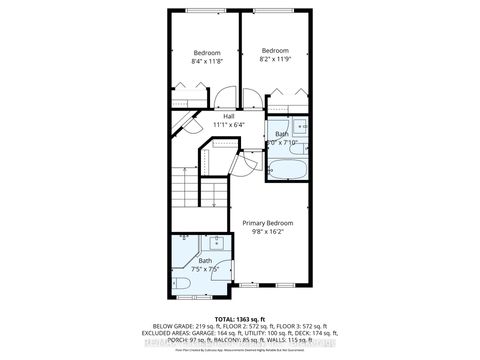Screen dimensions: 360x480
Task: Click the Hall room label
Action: coord(230,116)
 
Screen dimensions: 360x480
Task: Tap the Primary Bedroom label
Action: coord(268,223)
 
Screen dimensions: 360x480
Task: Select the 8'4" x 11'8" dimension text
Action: coord(207,62)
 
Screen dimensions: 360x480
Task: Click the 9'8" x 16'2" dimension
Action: coord(268,233)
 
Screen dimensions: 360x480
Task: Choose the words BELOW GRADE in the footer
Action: coord(169,325)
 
